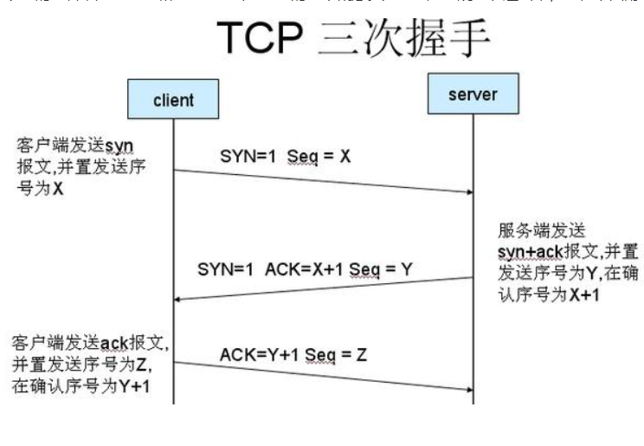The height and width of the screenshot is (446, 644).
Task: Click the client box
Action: coord(173,100)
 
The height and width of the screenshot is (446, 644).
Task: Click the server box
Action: coord(472,93)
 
